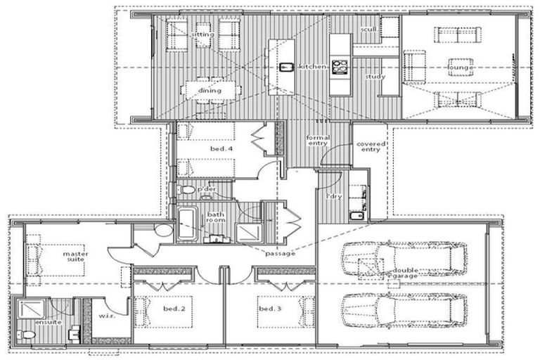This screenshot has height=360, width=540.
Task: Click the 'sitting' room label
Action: tap(203, 34)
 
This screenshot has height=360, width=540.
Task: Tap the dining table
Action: tap(210, 91)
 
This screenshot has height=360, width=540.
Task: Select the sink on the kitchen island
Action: tap(286, 68)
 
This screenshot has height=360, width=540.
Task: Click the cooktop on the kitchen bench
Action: tap(340, 67)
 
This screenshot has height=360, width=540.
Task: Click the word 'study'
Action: tap(375, 76)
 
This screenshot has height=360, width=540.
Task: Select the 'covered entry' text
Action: tap(368, 146)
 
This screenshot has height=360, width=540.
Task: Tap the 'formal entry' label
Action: tap(318, 139)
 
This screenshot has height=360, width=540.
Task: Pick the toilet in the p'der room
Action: tap(187, 191)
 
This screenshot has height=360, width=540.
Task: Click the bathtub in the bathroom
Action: tap(187, 224)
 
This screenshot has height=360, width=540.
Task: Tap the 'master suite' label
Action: tap(76, 257)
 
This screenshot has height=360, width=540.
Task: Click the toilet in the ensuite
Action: tap(29, 334)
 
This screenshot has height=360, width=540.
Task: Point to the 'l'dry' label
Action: tap(334, 196)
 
